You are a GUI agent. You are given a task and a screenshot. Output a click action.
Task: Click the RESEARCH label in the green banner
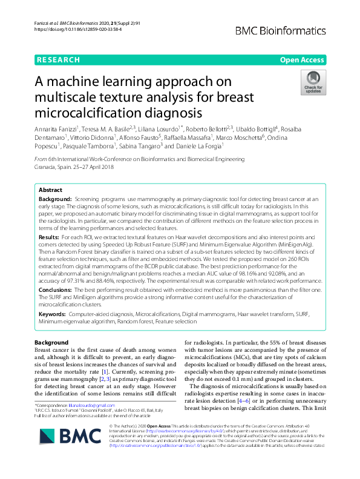tap(58, 60)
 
